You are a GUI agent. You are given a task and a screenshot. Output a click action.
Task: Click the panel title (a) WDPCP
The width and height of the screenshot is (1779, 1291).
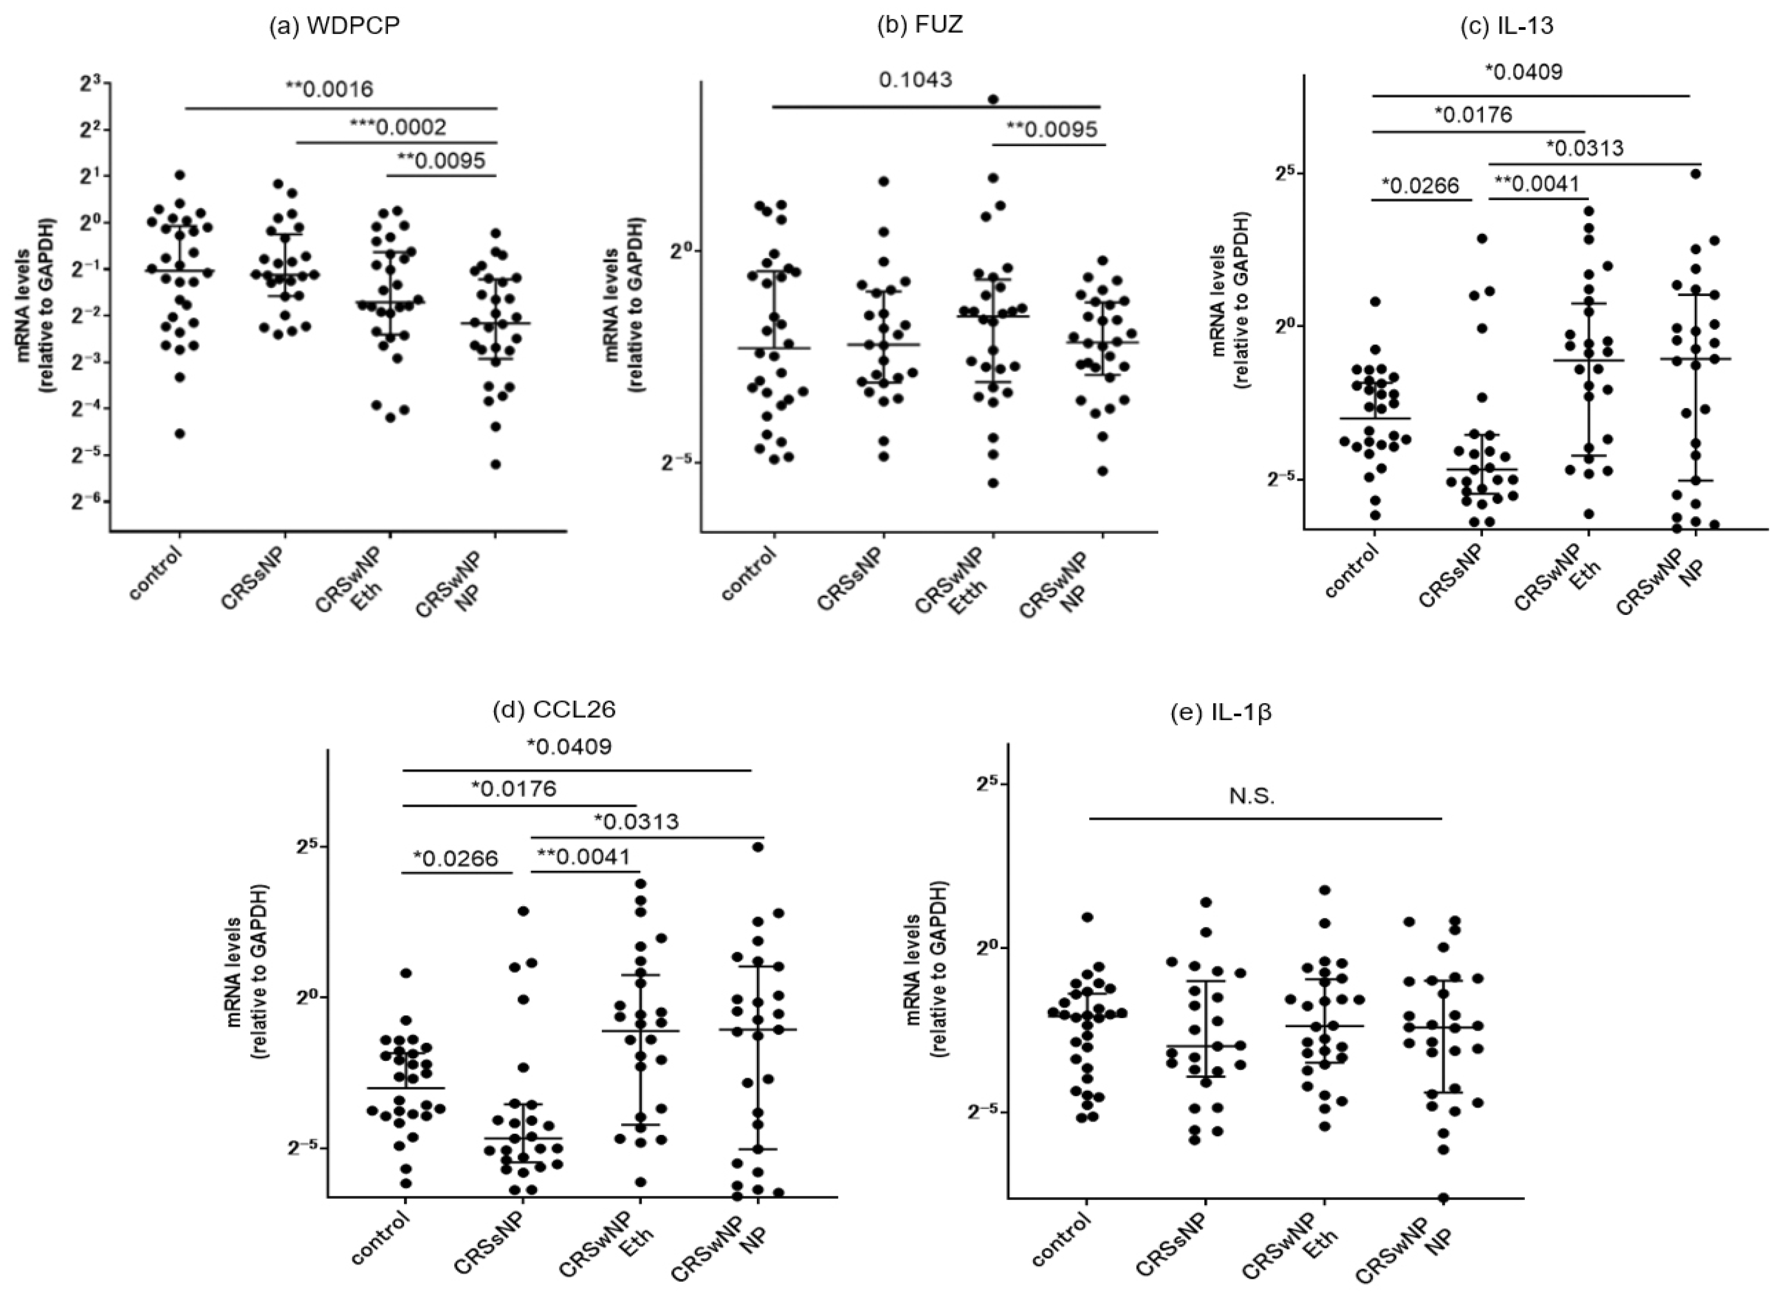(334, 26)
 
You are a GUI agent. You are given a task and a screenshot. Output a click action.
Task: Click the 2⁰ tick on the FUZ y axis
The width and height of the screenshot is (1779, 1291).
(679, 251)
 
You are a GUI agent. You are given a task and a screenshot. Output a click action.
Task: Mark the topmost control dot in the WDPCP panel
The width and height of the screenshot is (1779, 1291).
(180, 175)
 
